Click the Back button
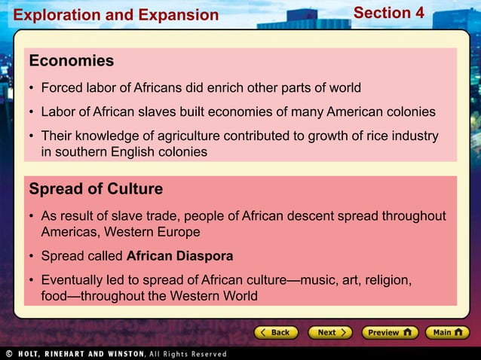[273, 332]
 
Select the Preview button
[390, 332]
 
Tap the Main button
[447, 332]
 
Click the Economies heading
[72, 61]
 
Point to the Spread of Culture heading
[96, 188]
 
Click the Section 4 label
[388, 14]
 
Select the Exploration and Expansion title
[116, 15]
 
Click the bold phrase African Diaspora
[179, 256]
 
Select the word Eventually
[74, 281]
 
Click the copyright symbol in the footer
[9, 353]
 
